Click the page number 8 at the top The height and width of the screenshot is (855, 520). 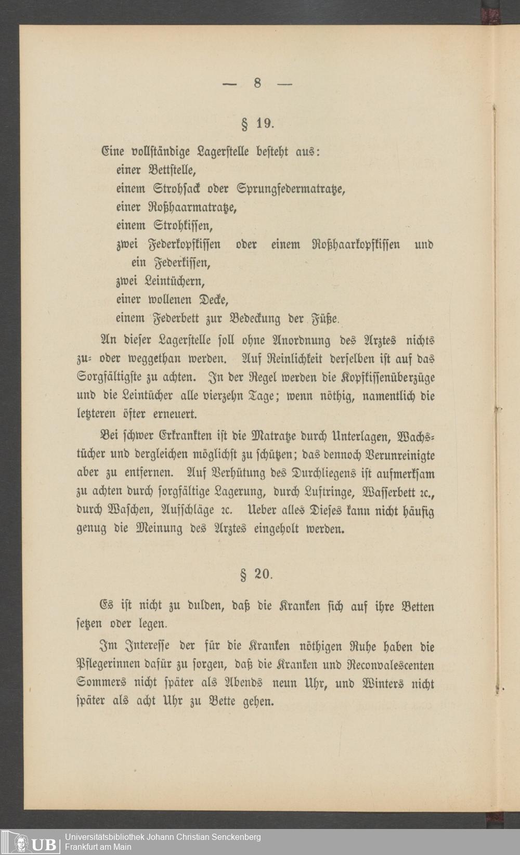click(x=257, y=83)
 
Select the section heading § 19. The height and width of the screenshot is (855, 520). click(x=256, y=124)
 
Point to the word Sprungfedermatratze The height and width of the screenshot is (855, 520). click(x=291, y=189)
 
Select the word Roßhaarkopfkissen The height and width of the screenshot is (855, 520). click(x=356, y=244)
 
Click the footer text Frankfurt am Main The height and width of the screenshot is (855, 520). click(x=98, y=847)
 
